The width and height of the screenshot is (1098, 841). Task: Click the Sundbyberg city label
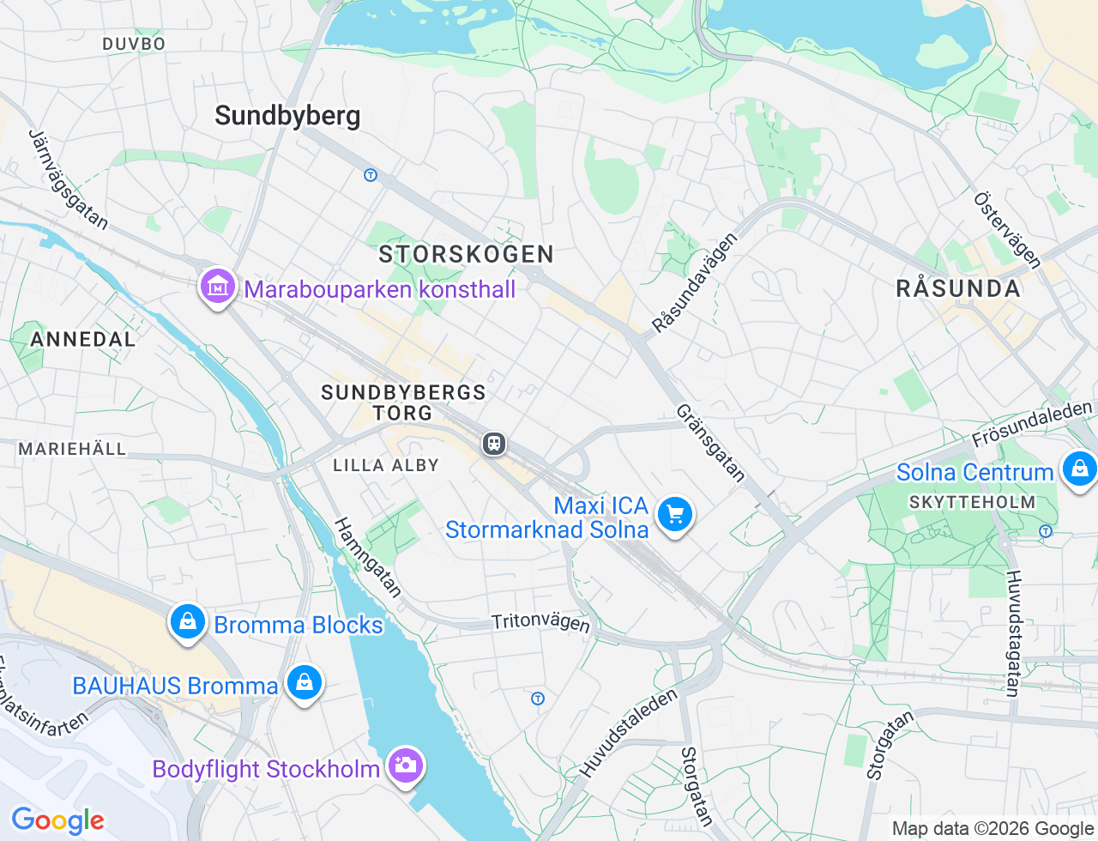click(287, 116)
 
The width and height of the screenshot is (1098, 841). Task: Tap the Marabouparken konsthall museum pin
click(218, 287)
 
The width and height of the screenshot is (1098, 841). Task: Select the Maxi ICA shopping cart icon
click(675, 515)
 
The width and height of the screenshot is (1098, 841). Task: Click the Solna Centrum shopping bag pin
click(1078, 469)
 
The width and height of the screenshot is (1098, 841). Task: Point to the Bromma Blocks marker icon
click(187, 621)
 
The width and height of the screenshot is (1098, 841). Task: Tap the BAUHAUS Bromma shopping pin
click(304, 683)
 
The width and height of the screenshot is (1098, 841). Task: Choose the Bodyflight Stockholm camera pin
click(405, 765)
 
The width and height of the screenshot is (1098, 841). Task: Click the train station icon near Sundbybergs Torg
click(493, 444)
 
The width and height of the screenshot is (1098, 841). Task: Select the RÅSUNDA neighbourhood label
click(958, 288)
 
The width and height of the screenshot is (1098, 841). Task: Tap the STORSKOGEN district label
click(467, 254)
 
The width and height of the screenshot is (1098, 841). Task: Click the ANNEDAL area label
click(83, 339)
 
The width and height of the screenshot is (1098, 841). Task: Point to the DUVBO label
click(134, 44)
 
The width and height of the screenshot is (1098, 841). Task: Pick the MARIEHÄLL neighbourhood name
click(72, 449)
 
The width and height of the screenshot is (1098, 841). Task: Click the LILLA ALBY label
click(386, 465)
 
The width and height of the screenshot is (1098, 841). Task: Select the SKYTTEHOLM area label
click(972, 502)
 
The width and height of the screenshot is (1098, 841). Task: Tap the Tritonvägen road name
click(540, 621)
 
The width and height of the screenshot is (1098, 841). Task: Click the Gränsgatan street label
click(710, 442)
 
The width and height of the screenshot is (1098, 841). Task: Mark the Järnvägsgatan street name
click(69, 180)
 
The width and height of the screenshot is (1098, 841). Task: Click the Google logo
click(57, 820)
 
